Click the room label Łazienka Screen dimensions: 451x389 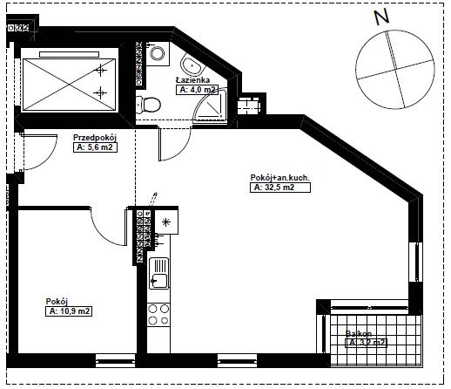click(x=192, y=79)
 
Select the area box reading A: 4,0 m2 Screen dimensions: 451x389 click(x=197, y=90)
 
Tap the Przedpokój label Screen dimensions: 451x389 click(x=95, y=137)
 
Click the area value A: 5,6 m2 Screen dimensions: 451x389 click(x=95, y=147)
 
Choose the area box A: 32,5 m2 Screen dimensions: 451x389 click(x=280, y=188)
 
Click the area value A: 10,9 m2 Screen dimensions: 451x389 click(x=69, y=311)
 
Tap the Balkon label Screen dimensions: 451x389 click(x=359, y=333)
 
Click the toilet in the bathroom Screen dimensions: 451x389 click(x=148, y=105)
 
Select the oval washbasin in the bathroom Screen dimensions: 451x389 click(x=192, y=66)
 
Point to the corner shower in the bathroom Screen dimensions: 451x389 click(x=210, y=106)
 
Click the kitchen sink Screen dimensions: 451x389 click(x=158, y=273)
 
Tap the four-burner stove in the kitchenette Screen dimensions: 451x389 click(x=158, y=314)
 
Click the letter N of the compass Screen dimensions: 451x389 click(x=381, y=17)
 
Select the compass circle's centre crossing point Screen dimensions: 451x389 click(x=395, y=70)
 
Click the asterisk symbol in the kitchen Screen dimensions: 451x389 click(x=165, y=222)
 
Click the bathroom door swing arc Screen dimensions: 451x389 click(x=181, y=151)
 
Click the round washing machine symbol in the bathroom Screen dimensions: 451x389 click(x=158, y=53)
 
